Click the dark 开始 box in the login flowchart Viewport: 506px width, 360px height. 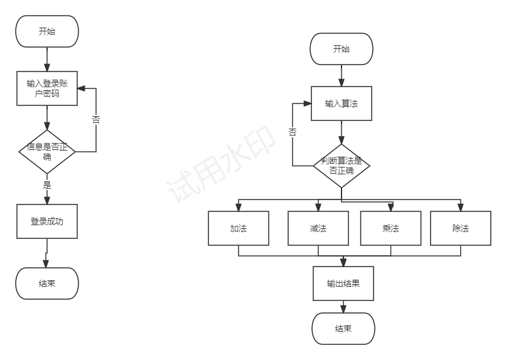pos(47,31)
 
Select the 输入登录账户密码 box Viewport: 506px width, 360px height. pos(47,88)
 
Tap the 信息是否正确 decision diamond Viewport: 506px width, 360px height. pos(47,152)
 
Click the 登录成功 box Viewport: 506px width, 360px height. pos(47,221)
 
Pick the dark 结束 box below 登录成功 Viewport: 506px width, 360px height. pos(47,283)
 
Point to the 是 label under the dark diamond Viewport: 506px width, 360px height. pos(47,185)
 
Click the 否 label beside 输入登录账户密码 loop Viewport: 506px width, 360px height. pos(96,120)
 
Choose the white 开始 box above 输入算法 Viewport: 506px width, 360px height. pos(342,50)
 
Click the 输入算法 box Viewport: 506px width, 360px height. pos(342,103)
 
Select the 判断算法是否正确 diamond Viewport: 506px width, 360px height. pos(342,165)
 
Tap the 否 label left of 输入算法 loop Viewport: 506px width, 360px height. pos(293,132)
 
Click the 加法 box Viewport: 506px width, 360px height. pos(239,228)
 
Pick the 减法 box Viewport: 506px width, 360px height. pos(318,228)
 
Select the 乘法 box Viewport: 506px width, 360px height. pos(390,228)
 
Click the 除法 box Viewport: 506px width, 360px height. pos(461,228)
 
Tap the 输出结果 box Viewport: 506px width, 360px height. pos(343,283)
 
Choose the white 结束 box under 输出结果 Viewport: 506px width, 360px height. pos(343,329)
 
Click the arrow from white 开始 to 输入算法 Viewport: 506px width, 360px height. pos(342,76)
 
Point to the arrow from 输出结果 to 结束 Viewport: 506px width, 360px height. pos(343,307)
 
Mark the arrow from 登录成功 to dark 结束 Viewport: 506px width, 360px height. pos(46,253)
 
